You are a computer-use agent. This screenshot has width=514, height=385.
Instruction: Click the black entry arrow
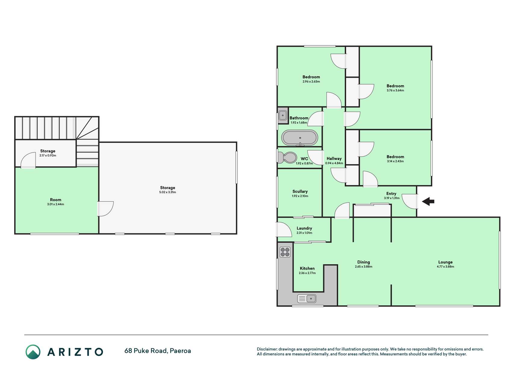tap(428, 202)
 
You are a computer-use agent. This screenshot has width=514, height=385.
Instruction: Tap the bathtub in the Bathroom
tap(300, 138)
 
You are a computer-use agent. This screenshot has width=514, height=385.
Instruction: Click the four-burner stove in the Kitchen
tap(285, 252)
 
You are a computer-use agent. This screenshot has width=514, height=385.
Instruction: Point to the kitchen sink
tap(307, 298)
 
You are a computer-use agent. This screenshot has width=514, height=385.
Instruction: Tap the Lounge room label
tap(445, 262)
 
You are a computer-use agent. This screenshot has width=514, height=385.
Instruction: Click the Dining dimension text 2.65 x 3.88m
tap(363, 266)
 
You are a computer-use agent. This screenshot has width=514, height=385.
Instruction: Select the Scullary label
tap(300, 191)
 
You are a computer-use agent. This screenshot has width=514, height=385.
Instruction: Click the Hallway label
tap(334, 159)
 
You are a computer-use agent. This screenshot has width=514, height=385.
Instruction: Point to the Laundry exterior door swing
tap(284, 229)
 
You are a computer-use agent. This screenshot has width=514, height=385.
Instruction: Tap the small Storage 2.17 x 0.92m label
tap(48, 153)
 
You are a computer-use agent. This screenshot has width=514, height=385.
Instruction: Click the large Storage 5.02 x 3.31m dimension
tap(167, 192)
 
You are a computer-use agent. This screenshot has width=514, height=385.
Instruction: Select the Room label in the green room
tap(55, 200)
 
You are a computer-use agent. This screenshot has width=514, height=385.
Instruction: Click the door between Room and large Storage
tap(105, 209)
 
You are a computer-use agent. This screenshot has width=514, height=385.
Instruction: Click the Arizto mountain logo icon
tap(33, 352)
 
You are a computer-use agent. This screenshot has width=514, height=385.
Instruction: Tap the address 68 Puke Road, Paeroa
tap(158, 351)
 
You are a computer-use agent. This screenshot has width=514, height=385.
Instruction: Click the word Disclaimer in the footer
tap(267, 349)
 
